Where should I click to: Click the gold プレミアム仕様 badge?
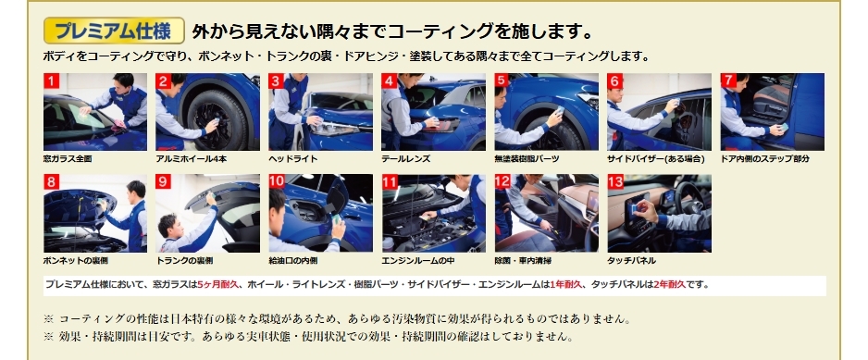click(114, 31)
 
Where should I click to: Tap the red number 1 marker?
click(51, 81)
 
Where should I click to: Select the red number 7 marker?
click(728, 81)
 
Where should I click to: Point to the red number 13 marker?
click(615, 182)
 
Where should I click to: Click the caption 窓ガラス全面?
click(68, 159)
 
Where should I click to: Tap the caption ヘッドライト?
click(292, 159)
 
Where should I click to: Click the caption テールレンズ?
click(405, 159)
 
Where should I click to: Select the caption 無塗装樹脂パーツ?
click(527, 159)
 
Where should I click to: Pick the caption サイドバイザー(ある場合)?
click(656, 159)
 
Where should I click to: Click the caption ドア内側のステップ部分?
click(765, 159)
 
